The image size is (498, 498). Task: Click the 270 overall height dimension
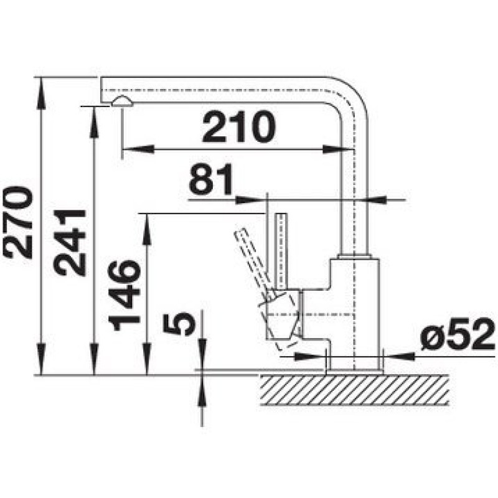click(x=17, y=223)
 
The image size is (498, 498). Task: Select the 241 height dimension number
click(x=70, y=242)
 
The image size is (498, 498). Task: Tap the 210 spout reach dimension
click(x=238, y=127)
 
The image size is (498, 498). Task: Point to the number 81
click(x=211, y=179)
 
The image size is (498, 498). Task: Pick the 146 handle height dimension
click(x=124, y=295)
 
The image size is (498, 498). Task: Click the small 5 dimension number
click(x=179, y=323)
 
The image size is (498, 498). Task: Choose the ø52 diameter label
click(x=458, y=334)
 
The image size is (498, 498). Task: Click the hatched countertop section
click(x=354, y=390)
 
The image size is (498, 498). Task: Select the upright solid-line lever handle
click(x=281, y=251)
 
